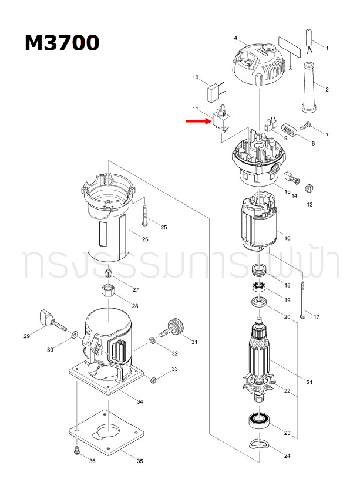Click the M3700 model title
click(62, 43)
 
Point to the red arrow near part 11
click(198, 121)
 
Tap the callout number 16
click(287, 238)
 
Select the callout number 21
click(309, 382)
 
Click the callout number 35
click(140, 461)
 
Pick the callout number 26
click(145, 239)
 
